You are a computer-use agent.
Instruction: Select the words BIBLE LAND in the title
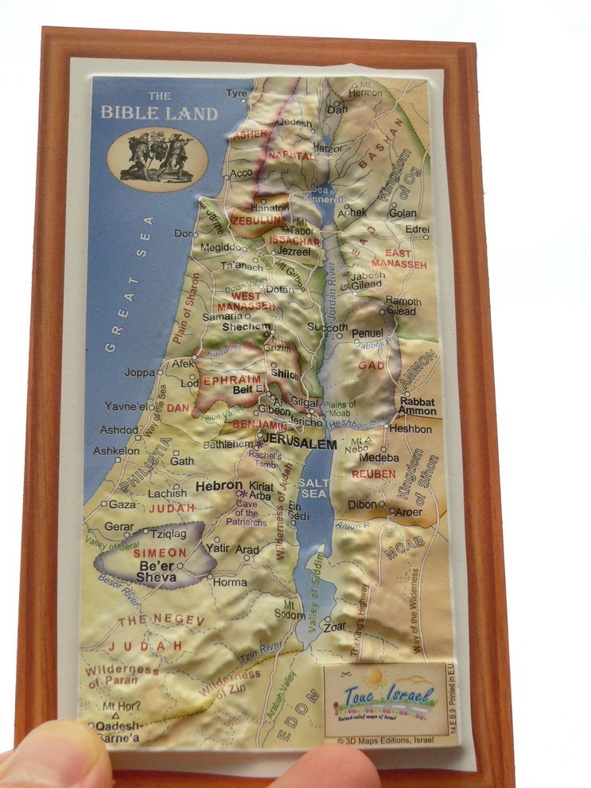point(159,113)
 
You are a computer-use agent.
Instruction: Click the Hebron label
point(219,485)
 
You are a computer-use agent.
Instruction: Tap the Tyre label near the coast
point(236,94)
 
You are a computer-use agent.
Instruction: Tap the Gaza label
point(122,505)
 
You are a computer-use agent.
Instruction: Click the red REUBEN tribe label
point(373,474)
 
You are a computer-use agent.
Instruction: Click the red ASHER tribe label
point(250,135)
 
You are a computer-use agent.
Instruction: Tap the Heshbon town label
point(411,430)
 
